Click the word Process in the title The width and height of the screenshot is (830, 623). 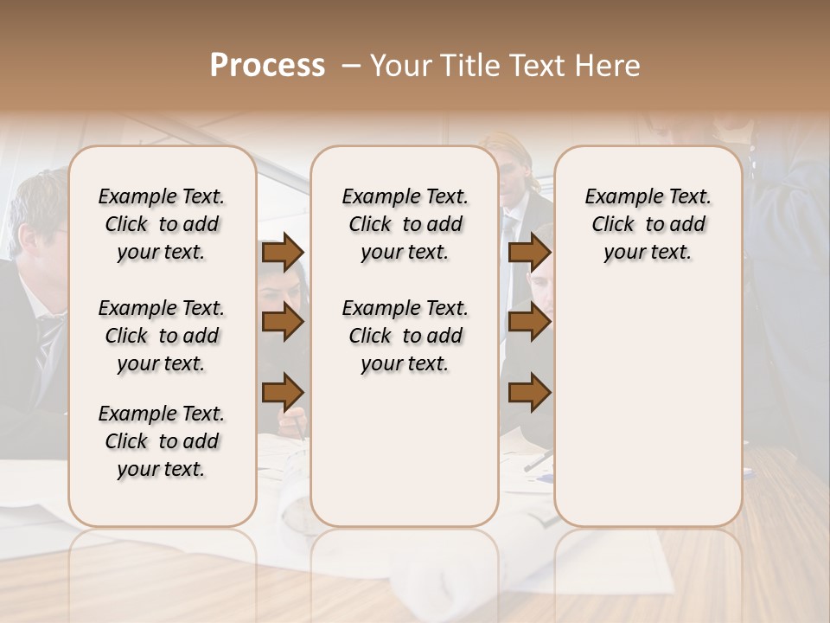[267, 66]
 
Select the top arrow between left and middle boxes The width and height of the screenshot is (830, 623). [283, 253]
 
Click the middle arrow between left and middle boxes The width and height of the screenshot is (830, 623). [283, 323]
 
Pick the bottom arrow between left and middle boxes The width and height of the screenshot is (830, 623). [283, 392]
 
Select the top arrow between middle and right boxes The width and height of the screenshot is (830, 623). [529, 253]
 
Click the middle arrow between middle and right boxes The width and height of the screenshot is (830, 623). [529, 323]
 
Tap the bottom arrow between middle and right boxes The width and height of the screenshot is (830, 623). [529, 392]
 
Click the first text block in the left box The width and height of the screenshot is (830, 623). [162, 224]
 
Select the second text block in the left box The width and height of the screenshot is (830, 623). [162, 336]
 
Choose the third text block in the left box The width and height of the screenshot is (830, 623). [162, 441]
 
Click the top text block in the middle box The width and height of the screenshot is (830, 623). [405, 224]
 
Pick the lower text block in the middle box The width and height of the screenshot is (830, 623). [405, 336]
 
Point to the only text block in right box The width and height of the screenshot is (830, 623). [648, 224]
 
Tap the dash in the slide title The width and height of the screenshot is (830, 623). [351, 66]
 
